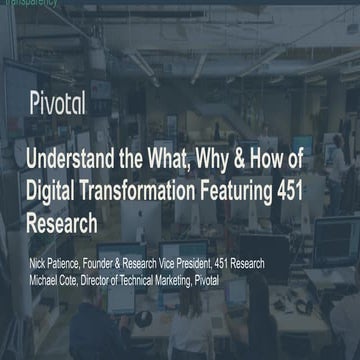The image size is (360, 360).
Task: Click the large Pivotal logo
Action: coord(57,102)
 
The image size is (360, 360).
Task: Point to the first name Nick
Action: coord(38,263)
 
